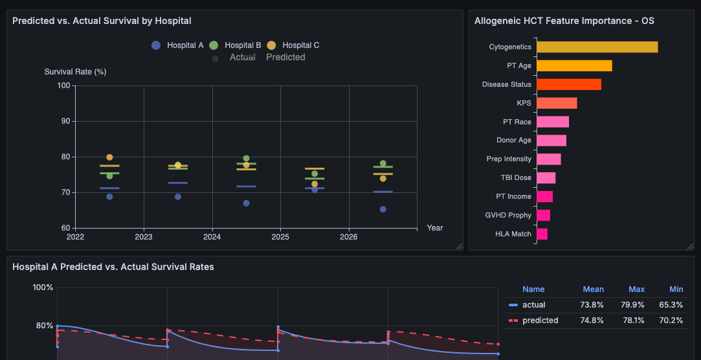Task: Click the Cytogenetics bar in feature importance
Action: (x=597, y=47)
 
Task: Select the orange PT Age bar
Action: (x=574, y=66)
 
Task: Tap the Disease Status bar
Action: (x=569, y=85)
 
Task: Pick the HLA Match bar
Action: (x=542, y=234)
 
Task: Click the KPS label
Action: (x=523, y=103)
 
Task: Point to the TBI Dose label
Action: (x=515, y=177)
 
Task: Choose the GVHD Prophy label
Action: (x=508, y=215)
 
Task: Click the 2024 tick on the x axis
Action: (x=212, y=237)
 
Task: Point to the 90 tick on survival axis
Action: (x=64, y=121)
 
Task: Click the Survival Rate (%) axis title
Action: (x=75, y=72)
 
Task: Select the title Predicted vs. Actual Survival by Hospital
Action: (x=102, y=21)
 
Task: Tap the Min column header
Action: (x=676, y=289)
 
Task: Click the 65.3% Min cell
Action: (x=671, y=305)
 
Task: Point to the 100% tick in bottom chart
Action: (x=43, y=287)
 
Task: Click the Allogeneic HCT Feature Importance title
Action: (x=564, y=21)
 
